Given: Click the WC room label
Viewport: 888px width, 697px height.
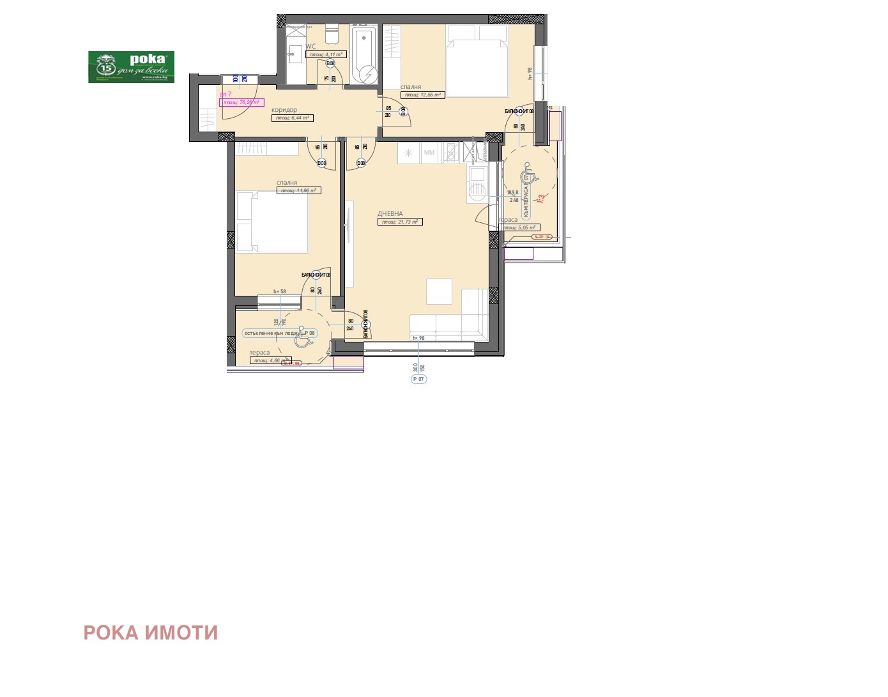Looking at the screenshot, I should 310,46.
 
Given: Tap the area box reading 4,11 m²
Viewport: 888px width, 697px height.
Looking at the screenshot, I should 326,55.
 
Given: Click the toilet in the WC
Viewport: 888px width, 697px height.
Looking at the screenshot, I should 331,32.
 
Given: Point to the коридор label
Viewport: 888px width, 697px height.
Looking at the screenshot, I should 284,110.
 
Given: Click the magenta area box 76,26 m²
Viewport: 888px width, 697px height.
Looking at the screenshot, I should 241,102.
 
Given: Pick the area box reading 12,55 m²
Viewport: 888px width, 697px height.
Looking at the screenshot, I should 423,95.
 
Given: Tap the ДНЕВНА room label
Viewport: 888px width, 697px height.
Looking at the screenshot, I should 390,214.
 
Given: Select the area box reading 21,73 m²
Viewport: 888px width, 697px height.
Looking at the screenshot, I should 400,222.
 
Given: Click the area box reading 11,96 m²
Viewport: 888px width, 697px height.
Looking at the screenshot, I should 298,190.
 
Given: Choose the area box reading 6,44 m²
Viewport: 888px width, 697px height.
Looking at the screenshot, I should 293,118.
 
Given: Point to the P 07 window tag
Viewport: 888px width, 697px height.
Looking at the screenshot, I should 418,379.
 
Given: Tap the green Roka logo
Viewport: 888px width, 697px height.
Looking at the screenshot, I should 131,67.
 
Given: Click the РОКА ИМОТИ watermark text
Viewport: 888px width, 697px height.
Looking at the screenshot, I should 151,632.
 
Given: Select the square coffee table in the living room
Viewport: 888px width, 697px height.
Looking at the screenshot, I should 439,291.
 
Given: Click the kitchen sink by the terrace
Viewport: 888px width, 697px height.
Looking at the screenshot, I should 477,186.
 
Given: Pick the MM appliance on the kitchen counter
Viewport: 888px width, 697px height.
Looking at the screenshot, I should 429,153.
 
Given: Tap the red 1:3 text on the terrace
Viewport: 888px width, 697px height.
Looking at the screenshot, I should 540,199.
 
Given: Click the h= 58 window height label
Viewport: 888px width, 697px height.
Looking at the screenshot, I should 280,291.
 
